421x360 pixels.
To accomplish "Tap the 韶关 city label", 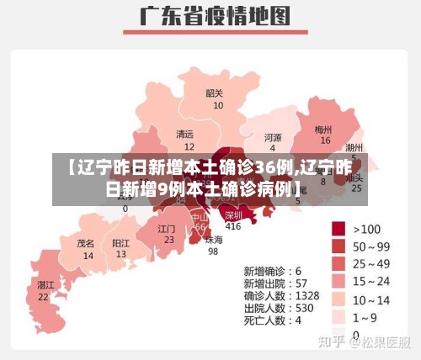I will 215,93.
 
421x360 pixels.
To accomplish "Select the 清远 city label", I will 184,134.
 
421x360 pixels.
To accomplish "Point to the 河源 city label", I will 273,137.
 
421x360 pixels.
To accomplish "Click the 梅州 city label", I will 323,130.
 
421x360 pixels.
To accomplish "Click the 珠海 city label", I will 214,239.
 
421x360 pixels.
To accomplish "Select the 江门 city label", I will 167,228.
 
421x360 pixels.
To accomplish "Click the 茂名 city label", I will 86,242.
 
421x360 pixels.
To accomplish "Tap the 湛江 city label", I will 45,285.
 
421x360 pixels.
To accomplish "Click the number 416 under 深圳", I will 233,226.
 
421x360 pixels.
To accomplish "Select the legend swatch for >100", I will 338,228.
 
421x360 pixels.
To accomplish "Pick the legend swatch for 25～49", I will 338,263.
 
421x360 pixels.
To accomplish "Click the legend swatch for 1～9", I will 338,317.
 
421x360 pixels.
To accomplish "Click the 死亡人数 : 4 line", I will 273,320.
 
